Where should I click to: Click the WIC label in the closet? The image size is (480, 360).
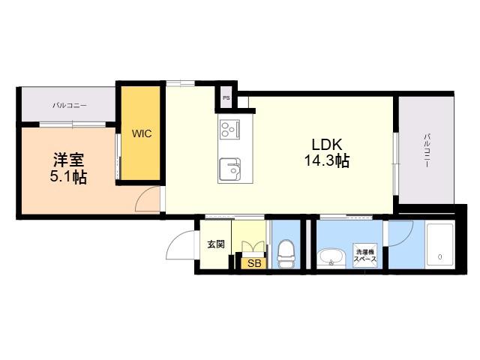(142, 133)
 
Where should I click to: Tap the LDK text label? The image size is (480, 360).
(327, 145)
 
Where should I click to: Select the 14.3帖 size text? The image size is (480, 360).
(327, 160)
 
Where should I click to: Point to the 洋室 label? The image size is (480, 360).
(68, 160)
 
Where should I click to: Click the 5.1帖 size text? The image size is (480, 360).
(68, 177)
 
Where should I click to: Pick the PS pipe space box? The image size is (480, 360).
(226, 98)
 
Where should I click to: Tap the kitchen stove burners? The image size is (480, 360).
(229, 130)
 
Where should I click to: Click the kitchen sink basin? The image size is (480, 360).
(230, 169)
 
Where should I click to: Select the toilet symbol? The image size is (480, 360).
(286, 250)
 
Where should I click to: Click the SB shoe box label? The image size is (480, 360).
(254, 263)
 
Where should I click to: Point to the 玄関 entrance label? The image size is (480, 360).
(216, 244)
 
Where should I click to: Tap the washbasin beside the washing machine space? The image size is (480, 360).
(331, 256)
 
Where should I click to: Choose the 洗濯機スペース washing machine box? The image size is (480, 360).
(365, 256)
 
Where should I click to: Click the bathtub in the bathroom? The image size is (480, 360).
(440, 246)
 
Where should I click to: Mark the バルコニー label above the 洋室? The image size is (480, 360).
(70, 106)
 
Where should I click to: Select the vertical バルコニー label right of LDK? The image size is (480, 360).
(426, 150)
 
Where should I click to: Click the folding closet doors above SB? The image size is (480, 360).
(253, 247)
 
